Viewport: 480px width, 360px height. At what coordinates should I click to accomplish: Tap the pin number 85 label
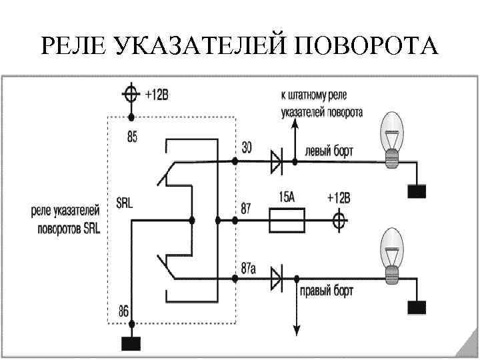[132, 138]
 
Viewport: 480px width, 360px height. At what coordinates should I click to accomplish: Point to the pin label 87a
[249, 269]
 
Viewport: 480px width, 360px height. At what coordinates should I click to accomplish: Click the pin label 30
[247, 149]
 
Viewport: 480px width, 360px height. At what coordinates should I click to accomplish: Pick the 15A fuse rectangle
[287, 220]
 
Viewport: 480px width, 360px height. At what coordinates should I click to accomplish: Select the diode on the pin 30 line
[275, 161]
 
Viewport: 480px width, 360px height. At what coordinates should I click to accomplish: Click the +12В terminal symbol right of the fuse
[339, 220]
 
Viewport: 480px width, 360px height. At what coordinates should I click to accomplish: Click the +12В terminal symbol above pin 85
[131, 94]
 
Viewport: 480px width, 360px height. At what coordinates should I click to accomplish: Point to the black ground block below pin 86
[131, 344]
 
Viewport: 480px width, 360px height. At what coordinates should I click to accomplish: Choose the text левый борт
[329, 151]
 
